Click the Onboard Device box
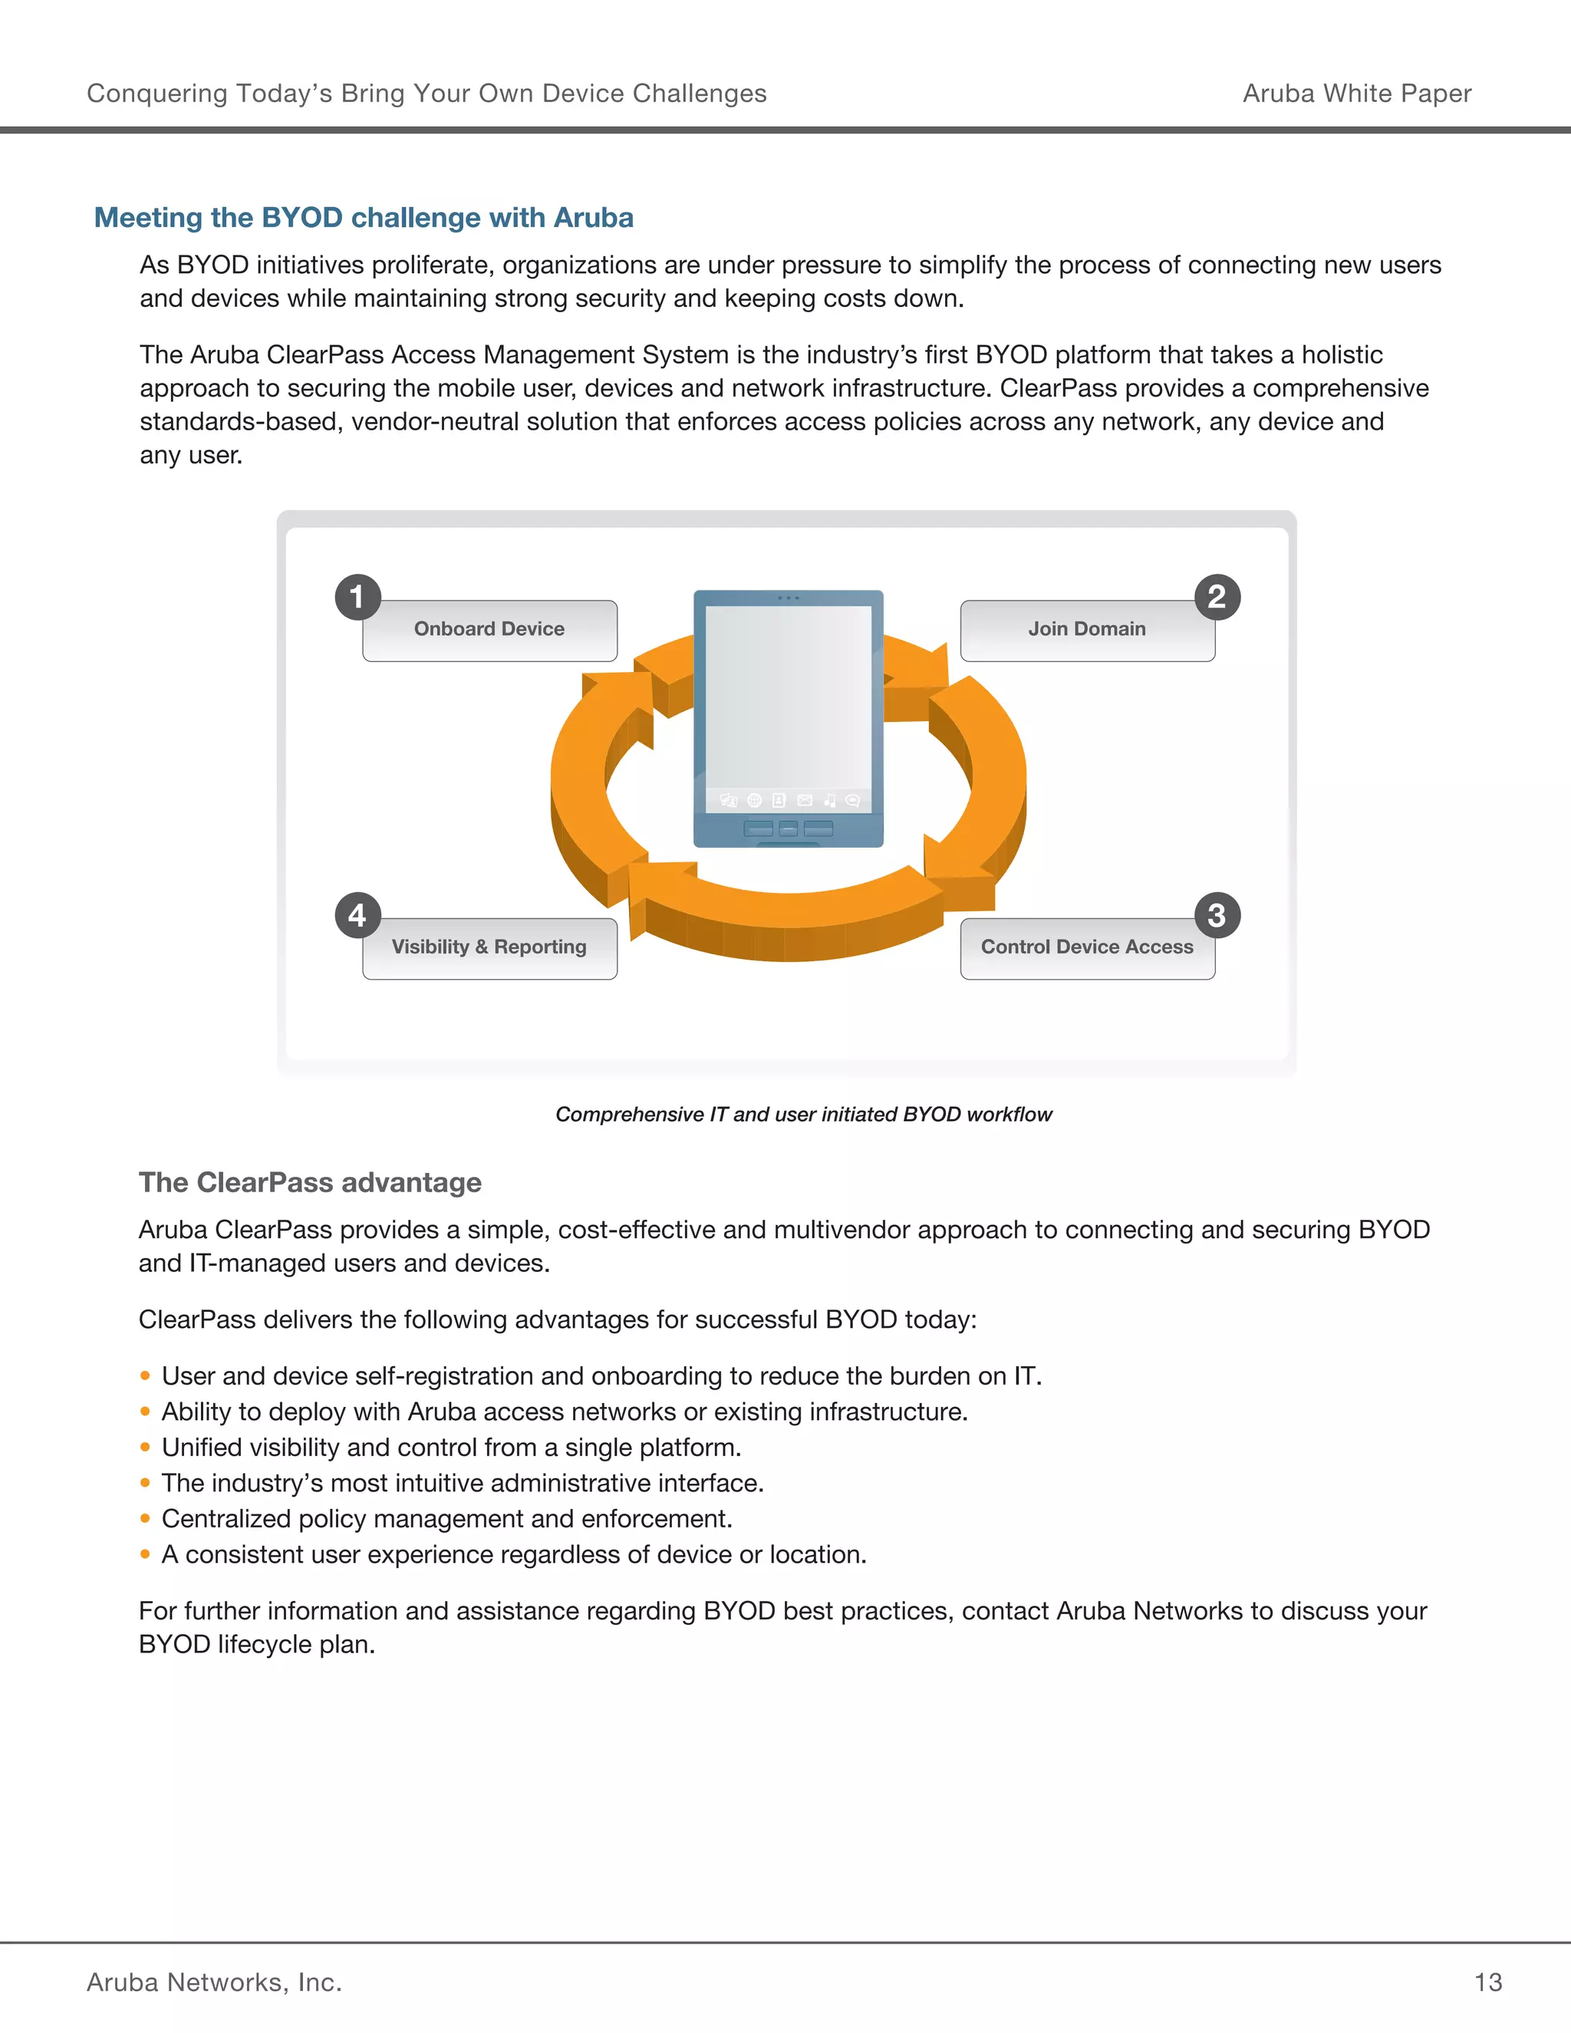[489, 630]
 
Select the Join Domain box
[1087, 630]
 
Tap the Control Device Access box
[1087, 947]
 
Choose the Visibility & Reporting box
[489, 947]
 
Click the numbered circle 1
[357, 597]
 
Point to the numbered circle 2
[1217, 597]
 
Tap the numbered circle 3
[1217, 915]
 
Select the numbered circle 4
[357, 915]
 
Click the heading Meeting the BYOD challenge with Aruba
[364, 218]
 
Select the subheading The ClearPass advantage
[310, 1182]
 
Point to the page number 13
[1487, 1982]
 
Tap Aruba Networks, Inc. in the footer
[214, 1982]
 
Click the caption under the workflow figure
[803, 1114]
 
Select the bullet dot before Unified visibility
[145, 1448]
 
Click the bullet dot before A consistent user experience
[145, 1554]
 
